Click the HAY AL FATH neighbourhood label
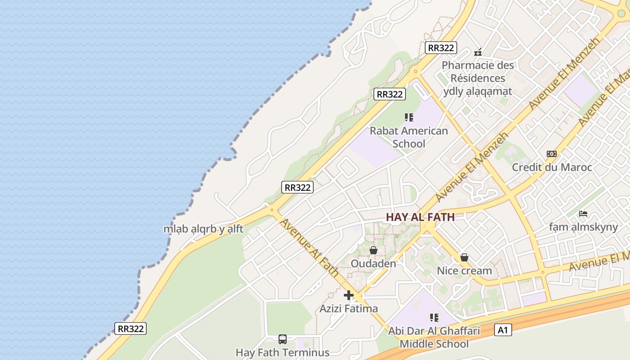coord(420,217)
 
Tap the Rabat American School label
coord(409,137)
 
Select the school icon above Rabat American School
coord(409,117)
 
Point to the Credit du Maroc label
coord(552,167)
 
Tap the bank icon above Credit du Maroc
coord(552,154)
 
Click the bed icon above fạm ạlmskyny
coord(583,214)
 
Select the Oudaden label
coord(373,264)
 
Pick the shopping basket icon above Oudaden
coord(373,250)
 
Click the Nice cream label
coord(464,271)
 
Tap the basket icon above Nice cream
coord(464,257)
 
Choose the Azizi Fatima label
coord(349,309)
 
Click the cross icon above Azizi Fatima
coord(349,296)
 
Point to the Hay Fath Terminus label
coord(283,352)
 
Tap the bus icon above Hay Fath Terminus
coord(283,339)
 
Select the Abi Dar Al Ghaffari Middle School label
coord(434,337)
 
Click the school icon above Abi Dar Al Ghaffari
coord(434,318)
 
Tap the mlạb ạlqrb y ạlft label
coord(203,229)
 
